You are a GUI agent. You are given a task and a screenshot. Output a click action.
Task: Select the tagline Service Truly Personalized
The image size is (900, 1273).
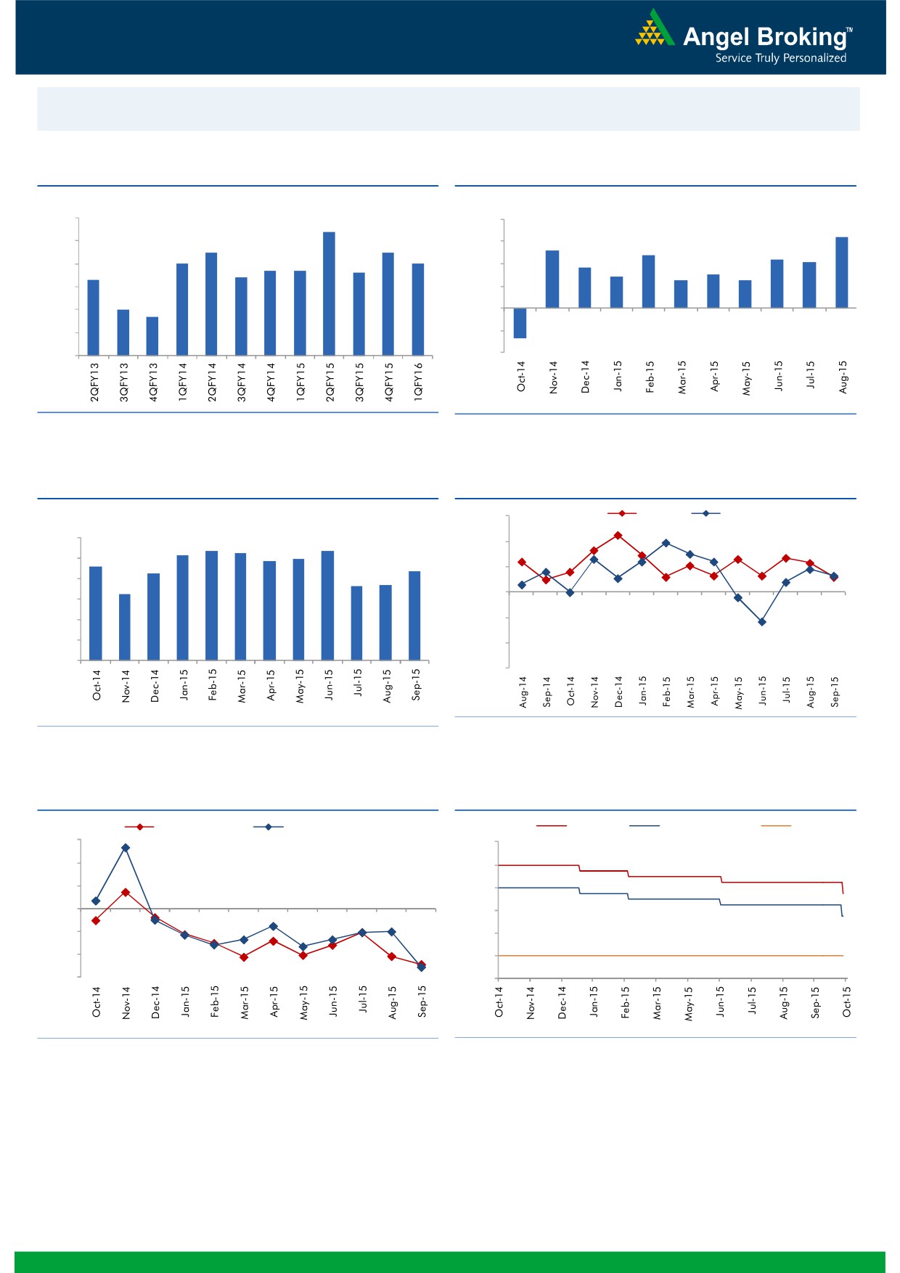coord(780,58)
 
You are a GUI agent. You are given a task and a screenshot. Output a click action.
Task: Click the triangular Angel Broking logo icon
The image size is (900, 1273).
coord(655,29)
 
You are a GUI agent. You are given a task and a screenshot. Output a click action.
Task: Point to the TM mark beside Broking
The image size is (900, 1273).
coord(849,30)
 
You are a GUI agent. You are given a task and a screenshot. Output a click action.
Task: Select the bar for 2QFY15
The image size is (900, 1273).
coord(329,293)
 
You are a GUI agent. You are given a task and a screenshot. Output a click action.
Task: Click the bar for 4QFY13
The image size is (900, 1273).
coord(152,336)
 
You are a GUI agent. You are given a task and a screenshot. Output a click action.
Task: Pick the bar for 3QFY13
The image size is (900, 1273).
coord(123,332)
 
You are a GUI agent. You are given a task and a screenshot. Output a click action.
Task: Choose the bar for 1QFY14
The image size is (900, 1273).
coord(182,309)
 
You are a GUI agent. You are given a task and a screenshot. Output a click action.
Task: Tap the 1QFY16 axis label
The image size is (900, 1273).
coord(418,382)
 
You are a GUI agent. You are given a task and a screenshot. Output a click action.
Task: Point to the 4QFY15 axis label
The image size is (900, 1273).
coord(389,382)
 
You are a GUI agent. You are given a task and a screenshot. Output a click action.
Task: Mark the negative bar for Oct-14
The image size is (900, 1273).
coord(520,323)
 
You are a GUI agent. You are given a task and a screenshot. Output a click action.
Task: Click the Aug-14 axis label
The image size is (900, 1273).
coord(523,692)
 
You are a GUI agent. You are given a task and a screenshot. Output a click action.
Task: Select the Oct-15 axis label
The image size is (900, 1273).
coord(846,1002)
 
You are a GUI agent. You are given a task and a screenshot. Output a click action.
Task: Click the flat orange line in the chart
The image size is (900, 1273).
coord(668,956)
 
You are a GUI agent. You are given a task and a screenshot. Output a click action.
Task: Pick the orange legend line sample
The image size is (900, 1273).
coord(775,825)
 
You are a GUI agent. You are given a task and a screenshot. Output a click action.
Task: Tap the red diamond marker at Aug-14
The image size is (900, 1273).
coord(522,562)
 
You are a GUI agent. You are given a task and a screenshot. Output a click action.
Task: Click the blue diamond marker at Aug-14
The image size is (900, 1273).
coord(522,584)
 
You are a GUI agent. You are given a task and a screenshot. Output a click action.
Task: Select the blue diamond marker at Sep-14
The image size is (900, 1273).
coord(546,572)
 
